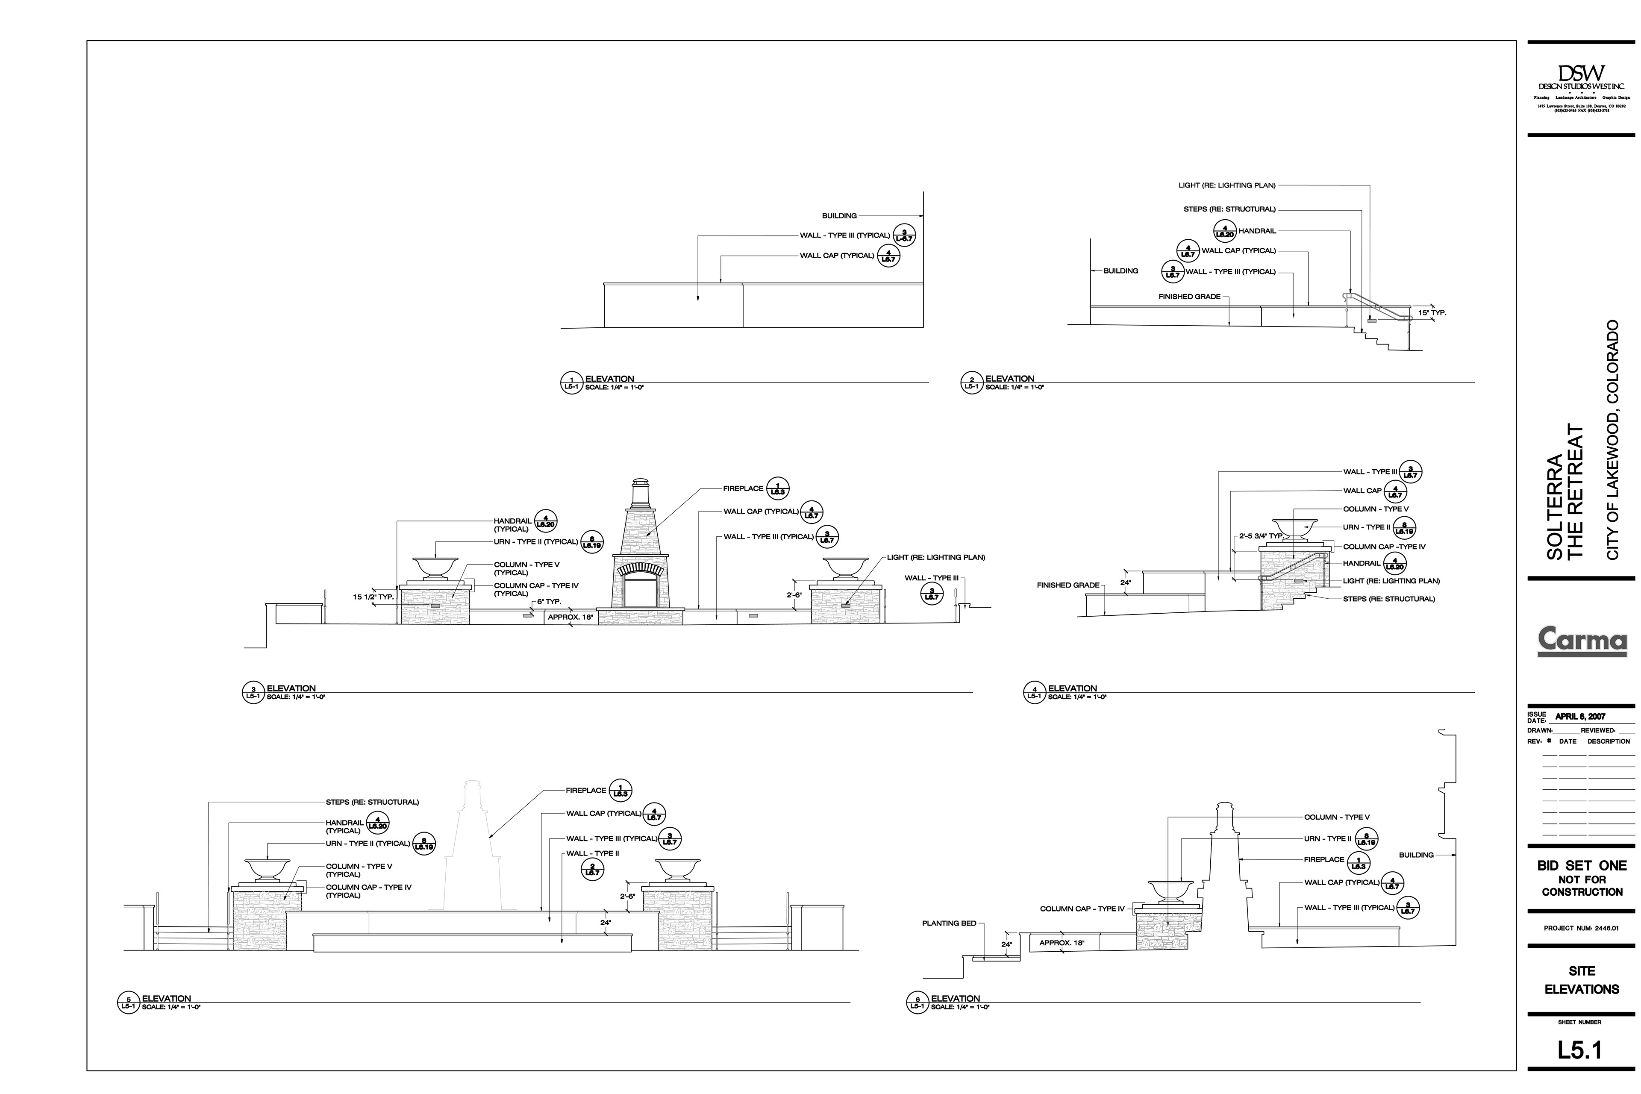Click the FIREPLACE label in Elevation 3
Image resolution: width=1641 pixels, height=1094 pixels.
[x=743, y=489]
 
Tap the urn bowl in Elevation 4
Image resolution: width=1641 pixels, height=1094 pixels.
[x=1295, y=527]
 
